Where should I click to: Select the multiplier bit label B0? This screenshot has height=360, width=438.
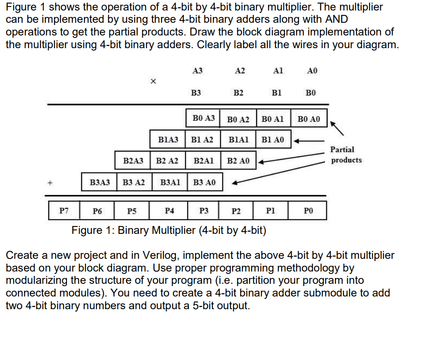310,93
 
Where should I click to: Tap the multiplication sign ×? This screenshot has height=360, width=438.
152,81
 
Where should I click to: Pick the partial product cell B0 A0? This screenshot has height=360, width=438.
309,119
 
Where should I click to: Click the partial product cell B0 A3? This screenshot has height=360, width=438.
204,118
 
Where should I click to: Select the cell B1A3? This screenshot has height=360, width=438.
168,140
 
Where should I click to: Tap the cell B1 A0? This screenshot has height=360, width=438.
272,140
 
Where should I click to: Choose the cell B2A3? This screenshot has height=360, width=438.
133,161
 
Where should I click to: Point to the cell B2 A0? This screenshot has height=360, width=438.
238,161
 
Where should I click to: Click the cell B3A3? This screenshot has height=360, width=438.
100,182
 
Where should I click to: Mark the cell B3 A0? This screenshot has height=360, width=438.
204,182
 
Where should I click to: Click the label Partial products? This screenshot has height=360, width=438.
346,155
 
